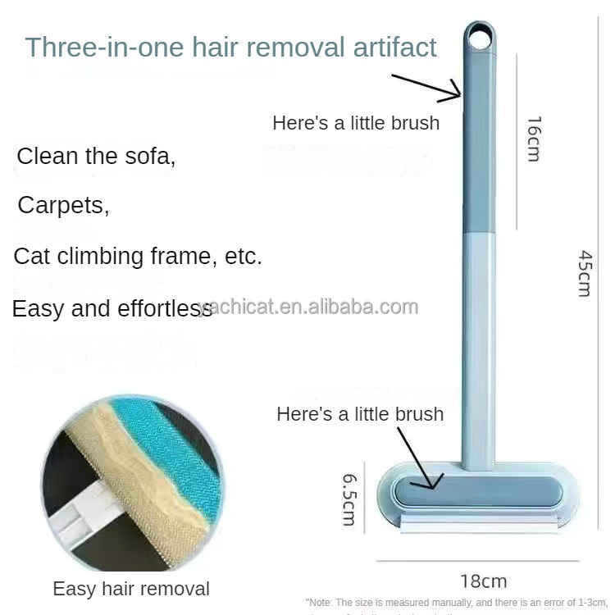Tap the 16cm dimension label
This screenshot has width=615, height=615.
coord(534,139)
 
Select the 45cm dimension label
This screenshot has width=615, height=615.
coord(584,273)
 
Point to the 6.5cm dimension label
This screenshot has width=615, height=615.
coord(348,499)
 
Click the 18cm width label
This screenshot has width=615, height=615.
coord(483,581)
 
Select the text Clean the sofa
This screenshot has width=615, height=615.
coord(96,156)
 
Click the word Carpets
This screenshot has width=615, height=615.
coord(63,204)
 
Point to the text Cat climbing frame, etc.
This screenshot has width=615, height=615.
coord(138,256)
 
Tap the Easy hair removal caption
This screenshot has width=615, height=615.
coord(131,588)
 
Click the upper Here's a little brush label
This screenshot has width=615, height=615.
coord(356,123)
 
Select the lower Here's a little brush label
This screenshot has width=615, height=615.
coord(360,413)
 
